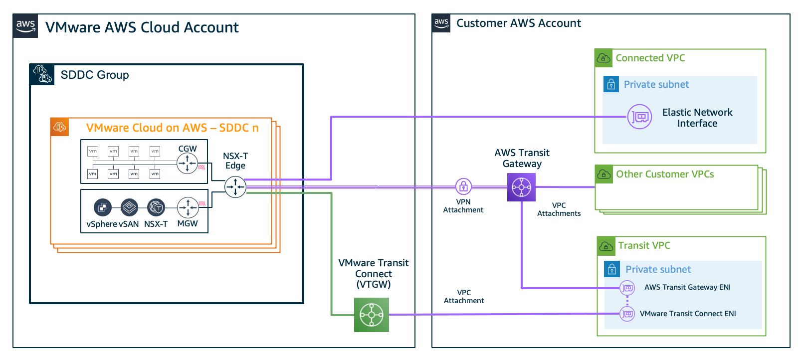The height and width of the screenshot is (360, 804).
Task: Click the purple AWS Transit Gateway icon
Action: [521, 187]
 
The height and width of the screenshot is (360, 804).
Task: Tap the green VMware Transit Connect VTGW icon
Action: [372, 315]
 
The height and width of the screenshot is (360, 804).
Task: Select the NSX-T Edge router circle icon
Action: [235, 187]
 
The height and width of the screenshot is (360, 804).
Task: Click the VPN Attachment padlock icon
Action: [463, 187]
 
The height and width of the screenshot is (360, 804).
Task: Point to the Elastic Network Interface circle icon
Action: [639, 117]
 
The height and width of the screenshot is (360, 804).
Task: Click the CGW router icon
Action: [188, 163]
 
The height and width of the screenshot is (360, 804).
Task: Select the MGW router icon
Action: [188, 207]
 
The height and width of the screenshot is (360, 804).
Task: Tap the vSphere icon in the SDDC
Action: [103, 207]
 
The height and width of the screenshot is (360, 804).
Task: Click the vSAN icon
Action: [129, 207]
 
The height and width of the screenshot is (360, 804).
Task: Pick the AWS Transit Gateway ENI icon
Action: [627, 288]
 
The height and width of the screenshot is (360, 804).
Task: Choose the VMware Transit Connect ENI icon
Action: [627, 314]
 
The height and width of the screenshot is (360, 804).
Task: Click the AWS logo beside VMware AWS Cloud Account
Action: [25, 26]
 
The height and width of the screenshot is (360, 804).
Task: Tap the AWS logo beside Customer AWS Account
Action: [441, 23]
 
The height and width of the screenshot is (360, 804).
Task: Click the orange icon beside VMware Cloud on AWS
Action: [60, 127]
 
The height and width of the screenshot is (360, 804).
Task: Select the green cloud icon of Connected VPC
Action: [603, 58]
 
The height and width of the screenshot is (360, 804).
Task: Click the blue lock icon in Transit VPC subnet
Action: [612, 269]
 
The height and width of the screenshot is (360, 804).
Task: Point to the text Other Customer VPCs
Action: [665, 174]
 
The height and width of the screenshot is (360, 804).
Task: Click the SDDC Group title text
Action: [95, 75]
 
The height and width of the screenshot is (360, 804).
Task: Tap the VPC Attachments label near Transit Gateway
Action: [559, 209]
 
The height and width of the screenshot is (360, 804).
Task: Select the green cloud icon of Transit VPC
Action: [606, 246]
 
